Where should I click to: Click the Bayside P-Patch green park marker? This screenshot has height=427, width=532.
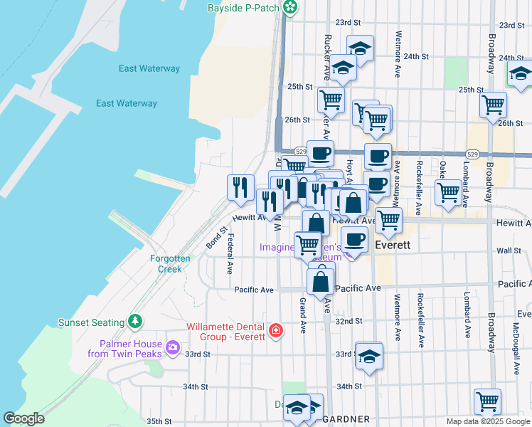[x=290, y=8]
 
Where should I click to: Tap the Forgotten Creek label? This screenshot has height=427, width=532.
[x=170, y=263]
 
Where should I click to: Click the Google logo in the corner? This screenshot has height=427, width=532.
[x=24, y=419]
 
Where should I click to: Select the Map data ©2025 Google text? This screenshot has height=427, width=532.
[x=487, y=421]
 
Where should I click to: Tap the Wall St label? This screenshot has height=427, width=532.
[x=509, y=251]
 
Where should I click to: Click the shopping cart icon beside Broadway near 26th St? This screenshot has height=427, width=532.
[x=493, y=105]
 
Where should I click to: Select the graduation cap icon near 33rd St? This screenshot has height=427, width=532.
[x=369, y=355]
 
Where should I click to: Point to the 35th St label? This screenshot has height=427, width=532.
[x=159, y=421]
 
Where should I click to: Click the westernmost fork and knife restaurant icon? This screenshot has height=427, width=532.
[x=240, y=187]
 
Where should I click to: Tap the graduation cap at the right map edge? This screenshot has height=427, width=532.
[x=521, y=73]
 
